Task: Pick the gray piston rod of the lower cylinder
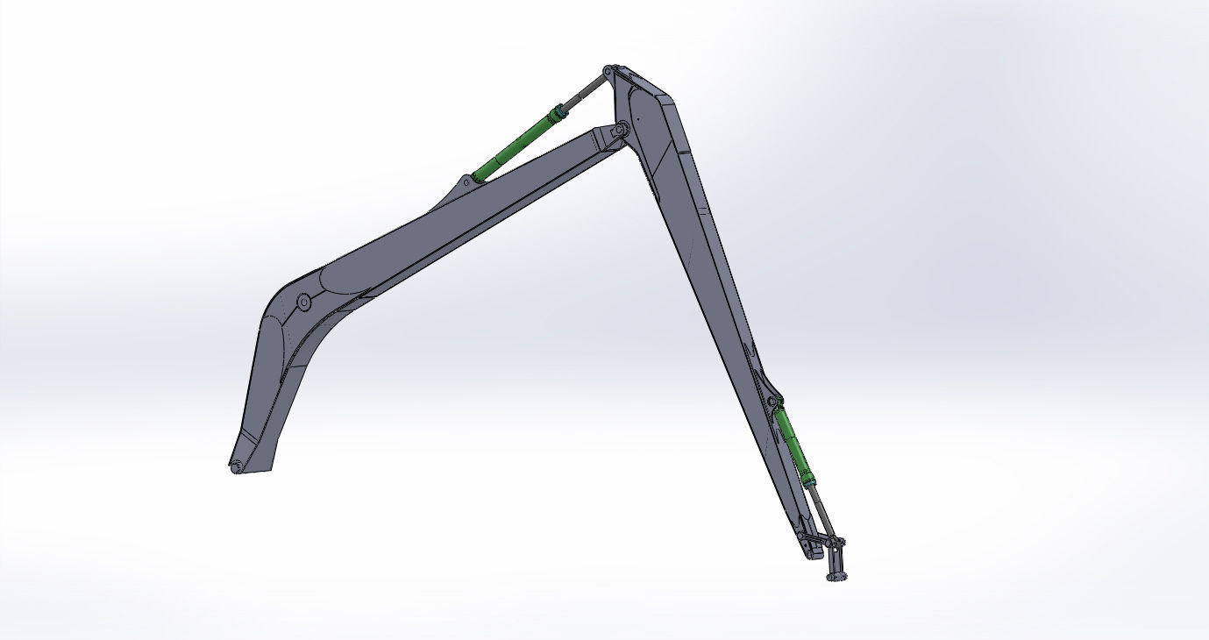(x=823, y=508)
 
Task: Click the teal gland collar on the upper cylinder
(x=555, y=114)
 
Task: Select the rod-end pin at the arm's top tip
(x=608, y=70)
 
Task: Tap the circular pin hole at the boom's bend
(x=303, y=302)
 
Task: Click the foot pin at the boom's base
(x=236, y=467)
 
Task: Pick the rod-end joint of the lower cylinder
(x=836, y=542)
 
